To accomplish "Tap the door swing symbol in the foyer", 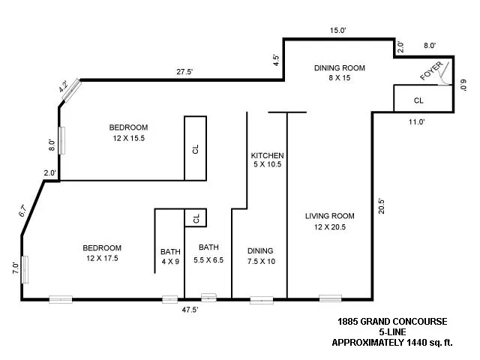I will coord(445,73).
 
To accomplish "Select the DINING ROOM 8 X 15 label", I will coord(339,73).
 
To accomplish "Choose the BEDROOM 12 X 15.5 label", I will coord(127,132).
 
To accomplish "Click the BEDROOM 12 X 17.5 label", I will coord(101,253).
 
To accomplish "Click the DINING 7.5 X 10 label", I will coord(260,256).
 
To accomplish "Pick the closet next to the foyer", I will coord(418,99).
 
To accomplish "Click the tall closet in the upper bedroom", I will coord(196,148).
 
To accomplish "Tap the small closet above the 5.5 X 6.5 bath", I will coord(196,217).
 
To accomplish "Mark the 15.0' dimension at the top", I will coord(340,31).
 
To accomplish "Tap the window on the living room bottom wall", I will coord(330,299).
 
